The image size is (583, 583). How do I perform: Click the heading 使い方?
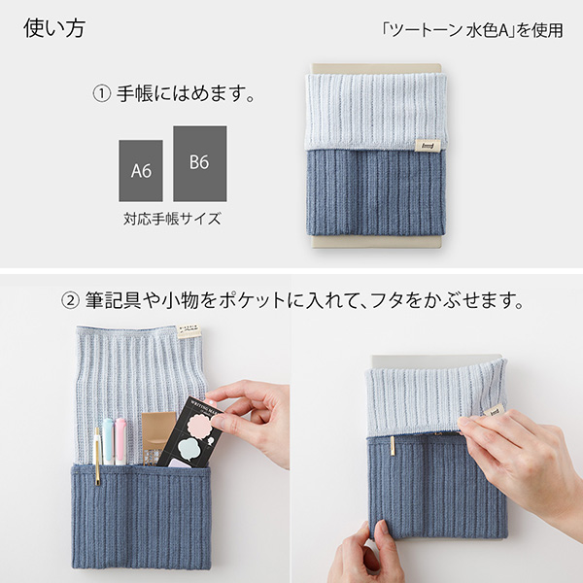(53, 28)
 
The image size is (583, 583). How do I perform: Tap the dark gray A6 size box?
(141, 170)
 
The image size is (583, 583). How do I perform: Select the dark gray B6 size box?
(199, 162)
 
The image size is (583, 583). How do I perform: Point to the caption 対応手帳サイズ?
(172, 219)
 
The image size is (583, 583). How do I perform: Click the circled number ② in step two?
(70, 299)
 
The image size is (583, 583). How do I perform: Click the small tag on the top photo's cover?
(426, 145)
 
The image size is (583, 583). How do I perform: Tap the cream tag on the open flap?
(189, 331)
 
